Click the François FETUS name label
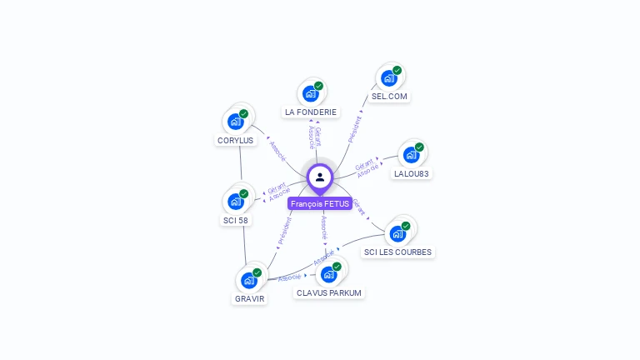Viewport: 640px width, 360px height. [x=320, y=203]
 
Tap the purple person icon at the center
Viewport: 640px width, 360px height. [x=320, y=177]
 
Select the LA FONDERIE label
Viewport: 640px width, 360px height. [x=311, y=112]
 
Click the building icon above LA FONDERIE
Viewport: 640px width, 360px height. [x=311, y=93]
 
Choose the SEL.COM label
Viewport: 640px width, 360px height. [x=390, y=97]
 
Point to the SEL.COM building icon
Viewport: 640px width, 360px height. [x=389, y=78]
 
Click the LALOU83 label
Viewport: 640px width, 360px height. [x=412, y=174]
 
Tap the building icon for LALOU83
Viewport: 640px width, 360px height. [x=411, y=155]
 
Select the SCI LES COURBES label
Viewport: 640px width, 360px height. [x=398, y=252]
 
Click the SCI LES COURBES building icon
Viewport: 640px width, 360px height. [x=398, y=232]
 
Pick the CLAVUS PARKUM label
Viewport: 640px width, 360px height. [x=329, y=292]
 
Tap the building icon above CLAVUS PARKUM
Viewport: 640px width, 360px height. [x=329, y=274]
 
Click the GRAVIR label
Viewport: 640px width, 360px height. [x=249, y=298]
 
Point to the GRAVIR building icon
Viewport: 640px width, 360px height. [x=249, y=280]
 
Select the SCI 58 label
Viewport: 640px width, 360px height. [x=236, y=220]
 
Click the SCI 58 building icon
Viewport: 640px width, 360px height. [x=236, y=201]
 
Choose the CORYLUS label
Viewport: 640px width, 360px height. [x=236, y=141]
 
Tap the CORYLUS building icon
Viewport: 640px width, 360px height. [x=236, y=122]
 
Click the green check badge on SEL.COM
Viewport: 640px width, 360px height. [x=397, y=71]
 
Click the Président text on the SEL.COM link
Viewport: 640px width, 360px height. [x=355, y=129]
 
